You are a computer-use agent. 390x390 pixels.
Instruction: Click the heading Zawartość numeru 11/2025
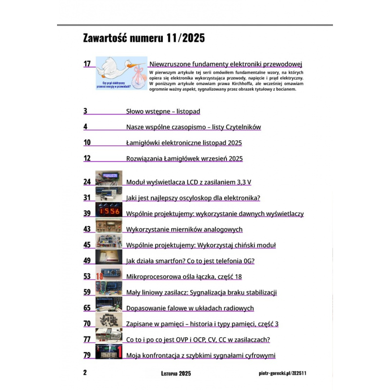point(144,39)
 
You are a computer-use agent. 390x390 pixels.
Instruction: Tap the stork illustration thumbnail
point(121,73)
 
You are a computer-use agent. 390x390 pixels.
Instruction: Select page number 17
point(88,64)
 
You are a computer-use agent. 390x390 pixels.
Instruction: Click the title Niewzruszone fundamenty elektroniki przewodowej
point(226,64)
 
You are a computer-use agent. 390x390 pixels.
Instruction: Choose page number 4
point(85,127)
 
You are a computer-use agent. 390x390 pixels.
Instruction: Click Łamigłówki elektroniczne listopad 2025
point(184,143)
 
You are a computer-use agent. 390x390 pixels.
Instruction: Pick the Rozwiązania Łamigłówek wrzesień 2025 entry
point(184,158)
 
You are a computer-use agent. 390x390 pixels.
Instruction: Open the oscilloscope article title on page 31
point(193,198)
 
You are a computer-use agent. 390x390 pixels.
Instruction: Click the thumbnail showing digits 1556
point(108,213)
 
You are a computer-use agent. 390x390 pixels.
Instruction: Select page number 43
point(87,229)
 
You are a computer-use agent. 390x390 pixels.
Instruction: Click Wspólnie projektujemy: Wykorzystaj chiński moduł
point(201,245)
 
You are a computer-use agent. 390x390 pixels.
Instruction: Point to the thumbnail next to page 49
point(108,259)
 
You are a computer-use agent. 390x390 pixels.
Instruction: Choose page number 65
point(87,308)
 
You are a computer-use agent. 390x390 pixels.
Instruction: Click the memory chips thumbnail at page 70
point(108,322)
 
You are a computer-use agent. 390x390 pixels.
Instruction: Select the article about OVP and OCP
point(198,339)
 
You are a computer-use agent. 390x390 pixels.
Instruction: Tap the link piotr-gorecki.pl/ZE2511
point(283,373)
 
